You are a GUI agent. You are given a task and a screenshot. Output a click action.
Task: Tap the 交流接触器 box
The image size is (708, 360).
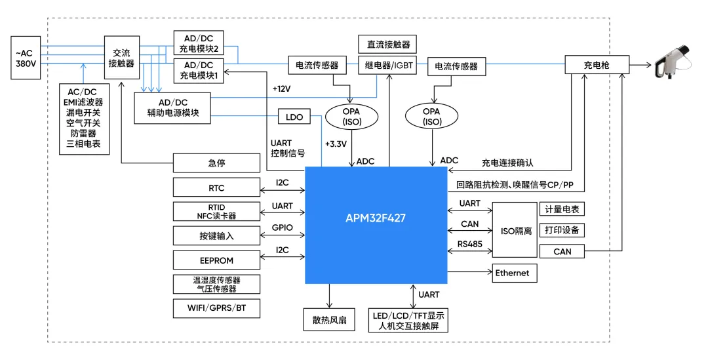point(121,58)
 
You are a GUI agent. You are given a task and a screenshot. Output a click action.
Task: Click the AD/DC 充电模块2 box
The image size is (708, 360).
point(199,43)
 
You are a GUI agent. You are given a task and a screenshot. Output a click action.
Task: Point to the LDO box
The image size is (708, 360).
point(294,117)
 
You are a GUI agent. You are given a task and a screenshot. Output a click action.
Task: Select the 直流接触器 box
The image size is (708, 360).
point(388,45)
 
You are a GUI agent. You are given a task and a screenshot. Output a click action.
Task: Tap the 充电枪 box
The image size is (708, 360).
point(597,65)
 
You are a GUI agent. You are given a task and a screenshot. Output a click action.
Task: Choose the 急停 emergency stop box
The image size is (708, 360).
point(216,163)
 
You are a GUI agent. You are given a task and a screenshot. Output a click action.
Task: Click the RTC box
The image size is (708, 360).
point(216,188)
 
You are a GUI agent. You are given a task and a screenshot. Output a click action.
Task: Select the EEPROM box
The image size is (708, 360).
point(216,260)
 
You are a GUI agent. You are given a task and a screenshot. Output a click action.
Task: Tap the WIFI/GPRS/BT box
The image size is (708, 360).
point(216,308)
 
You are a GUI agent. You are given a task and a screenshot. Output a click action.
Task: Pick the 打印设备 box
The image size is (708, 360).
point(561,230)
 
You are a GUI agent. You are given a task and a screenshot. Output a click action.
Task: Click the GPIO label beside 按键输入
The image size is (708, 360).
point(283,228)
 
